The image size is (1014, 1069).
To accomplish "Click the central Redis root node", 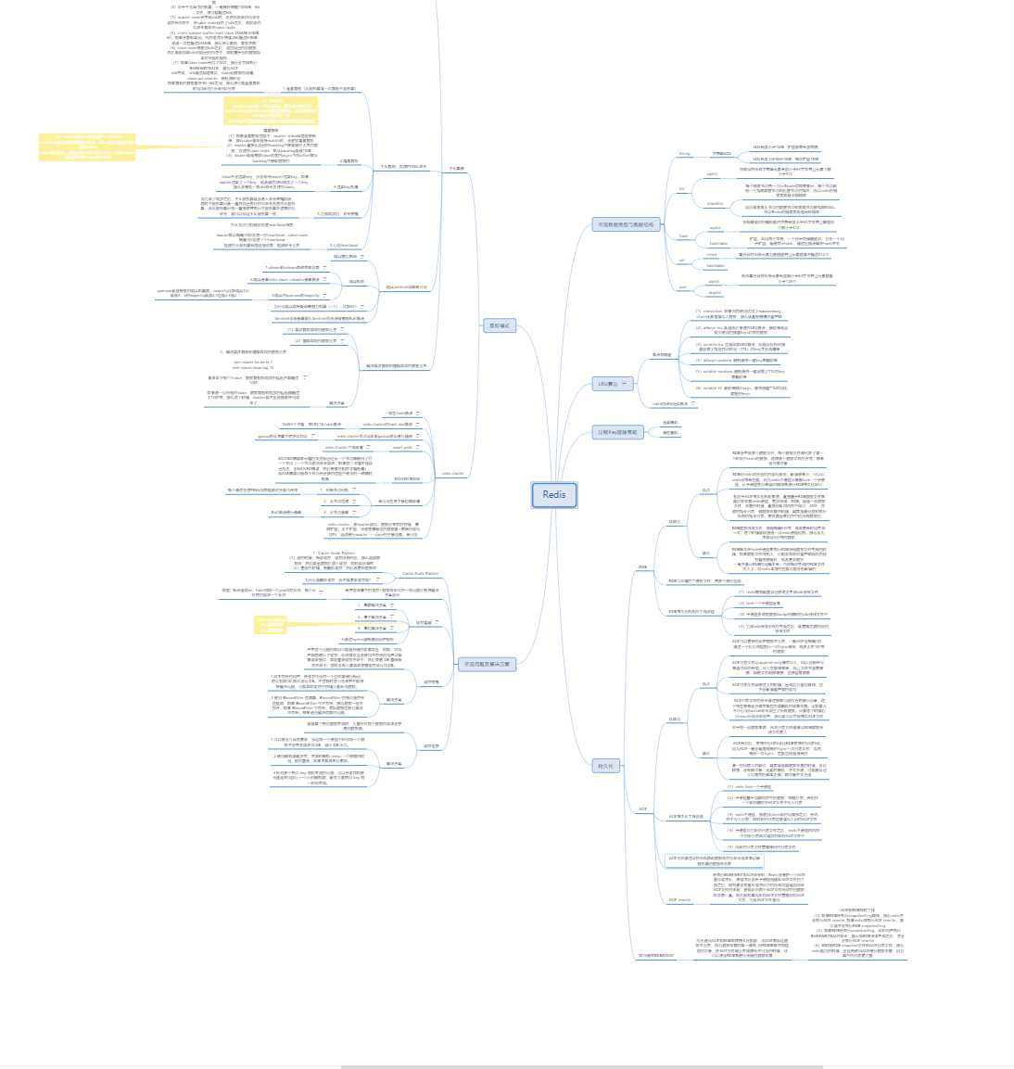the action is coord(554,494).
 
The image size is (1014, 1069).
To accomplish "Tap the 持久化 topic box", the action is coord(606,766).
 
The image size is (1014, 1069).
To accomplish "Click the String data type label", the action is coord(685,154).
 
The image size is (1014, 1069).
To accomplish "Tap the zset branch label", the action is coord(683,286).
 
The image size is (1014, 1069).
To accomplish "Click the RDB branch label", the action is coord(642,566).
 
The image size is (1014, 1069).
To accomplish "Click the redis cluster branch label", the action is coord(452,473).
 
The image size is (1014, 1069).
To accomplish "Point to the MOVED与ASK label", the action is coord(407,479).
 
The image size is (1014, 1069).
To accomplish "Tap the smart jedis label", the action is coord(402,447).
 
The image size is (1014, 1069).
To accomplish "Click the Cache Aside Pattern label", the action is coord(420,574).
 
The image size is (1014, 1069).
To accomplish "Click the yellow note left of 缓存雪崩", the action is coord(272,625).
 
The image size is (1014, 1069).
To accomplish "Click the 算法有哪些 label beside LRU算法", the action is coord(661,354).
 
